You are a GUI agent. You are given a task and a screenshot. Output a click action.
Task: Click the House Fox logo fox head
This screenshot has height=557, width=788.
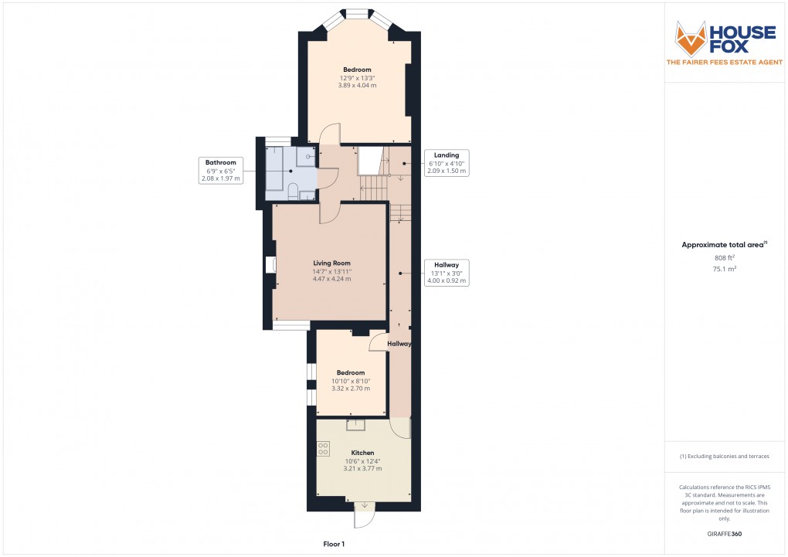691,39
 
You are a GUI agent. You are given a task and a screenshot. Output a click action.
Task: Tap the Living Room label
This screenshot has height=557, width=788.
331,263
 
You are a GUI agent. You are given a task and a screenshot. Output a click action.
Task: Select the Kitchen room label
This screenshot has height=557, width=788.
362,453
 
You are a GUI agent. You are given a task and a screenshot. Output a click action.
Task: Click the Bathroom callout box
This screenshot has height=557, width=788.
221,171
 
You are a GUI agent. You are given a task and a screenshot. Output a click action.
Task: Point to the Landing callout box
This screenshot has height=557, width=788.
447,163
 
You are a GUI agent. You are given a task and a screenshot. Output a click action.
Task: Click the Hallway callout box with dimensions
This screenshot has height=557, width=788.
447,273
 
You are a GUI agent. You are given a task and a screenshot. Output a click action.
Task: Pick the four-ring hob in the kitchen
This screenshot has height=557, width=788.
323,449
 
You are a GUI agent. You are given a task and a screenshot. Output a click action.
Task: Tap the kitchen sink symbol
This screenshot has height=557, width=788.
356,425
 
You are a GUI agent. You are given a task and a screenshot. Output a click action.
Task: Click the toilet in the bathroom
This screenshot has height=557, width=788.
293,192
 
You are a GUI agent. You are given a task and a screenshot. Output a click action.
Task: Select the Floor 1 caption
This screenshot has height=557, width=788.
334,544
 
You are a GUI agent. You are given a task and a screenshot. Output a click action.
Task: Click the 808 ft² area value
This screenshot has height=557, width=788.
724,257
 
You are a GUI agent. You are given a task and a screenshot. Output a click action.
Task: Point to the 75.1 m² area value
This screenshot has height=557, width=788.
724,269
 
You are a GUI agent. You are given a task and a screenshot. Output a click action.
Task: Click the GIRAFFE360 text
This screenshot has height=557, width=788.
724,534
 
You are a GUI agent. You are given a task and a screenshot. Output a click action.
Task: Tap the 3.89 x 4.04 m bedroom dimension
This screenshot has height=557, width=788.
357,86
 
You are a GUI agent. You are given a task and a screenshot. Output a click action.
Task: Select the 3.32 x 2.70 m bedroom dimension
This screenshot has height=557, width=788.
350,389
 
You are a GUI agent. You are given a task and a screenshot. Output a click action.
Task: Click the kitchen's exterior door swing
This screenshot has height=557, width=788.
364,515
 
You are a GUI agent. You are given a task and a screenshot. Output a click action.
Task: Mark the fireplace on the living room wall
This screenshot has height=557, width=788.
270,265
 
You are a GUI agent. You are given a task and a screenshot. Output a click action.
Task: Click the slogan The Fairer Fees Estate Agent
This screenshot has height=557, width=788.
724,63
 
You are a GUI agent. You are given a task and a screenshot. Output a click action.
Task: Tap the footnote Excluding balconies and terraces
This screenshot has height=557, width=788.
724,457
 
